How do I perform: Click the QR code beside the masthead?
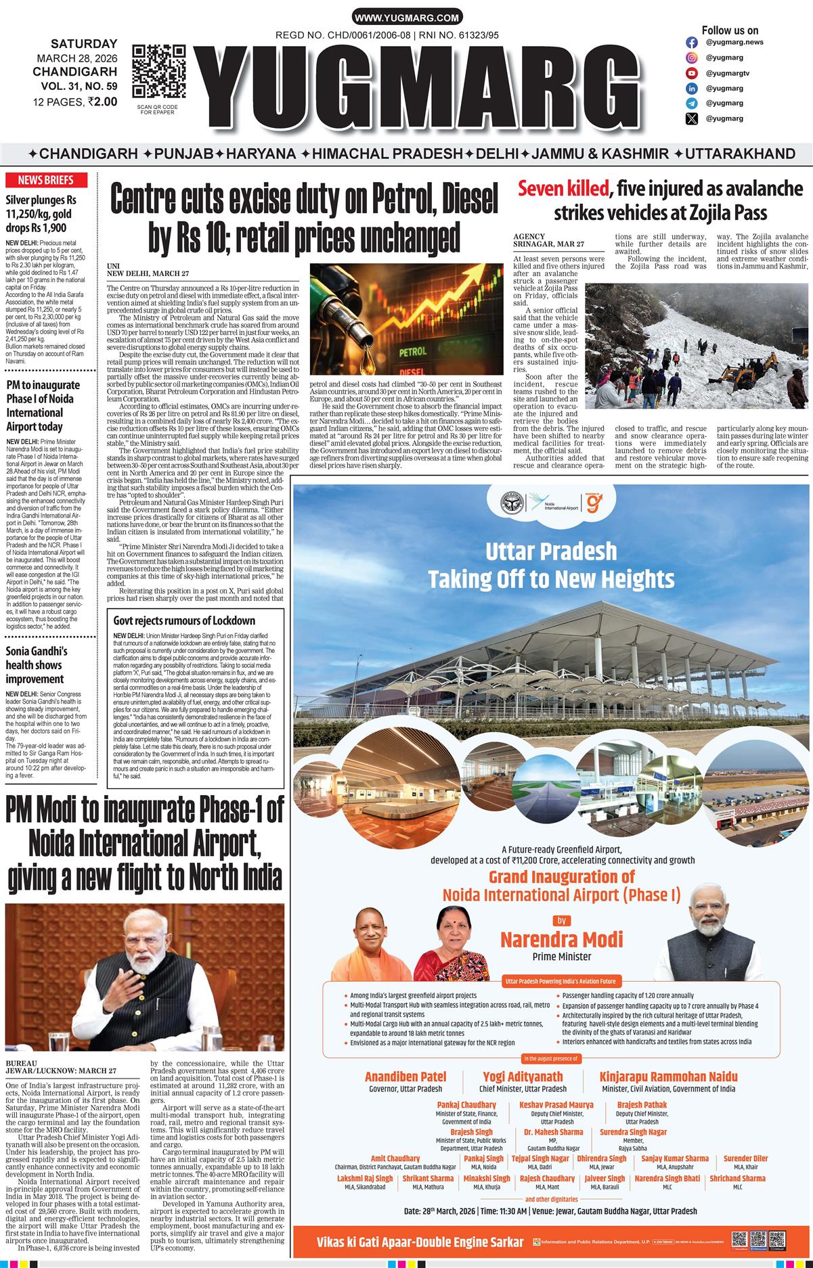[x=159, y=72]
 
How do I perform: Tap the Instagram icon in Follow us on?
[x=692, y=42]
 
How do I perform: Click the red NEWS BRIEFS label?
[x=45, y=180]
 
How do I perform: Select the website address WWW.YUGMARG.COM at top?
[x=407, y=18]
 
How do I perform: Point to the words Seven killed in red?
[x=564, y=188]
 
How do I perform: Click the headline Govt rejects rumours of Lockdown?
[x=184, y=620]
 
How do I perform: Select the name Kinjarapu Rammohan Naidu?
[x=668, y=1077]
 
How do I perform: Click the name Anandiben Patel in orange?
[x=405, y=1077]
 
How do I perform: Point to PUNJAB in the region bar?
[x=183, y=154]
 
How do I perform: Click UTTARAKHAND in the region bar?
[x=740, y=154]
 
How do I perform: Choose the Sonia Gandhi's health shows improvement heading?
[x=37, y=665]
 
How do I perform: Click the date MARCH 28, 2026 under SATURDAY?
[x=76, y=58]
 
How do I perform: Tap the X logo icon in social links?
[x=692, y=119]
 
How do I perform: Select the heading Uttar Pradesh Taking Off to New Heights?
[x=551, y=565]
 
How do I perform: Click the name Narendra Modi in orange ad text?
[x=561, y=939]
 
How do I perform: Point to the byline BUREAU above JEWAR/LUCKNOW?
[x=21, y=1063]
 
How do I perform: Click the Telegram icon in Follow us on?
[x=692, y=104]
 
